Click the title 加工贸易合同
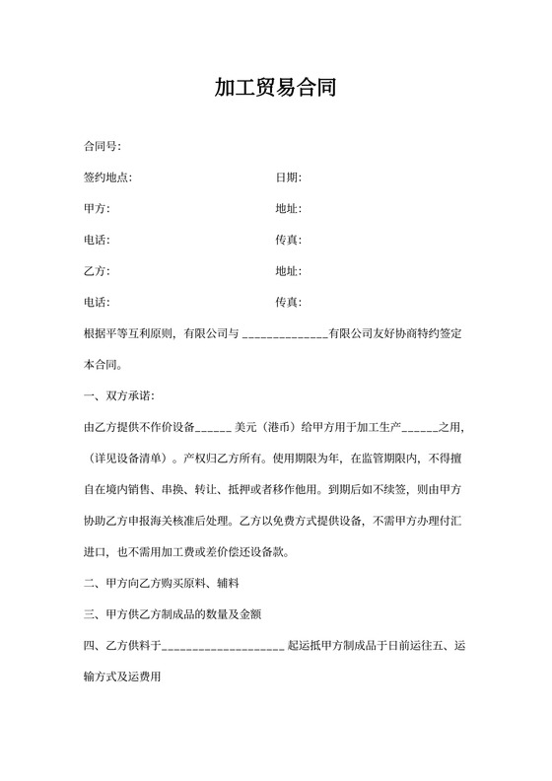pos(276,88)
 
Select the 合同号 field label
pos(103,147)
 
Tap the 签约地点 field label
pos(108,177)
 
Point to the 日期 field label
pos(288,177)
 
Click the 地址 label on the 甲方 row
pos(288,209)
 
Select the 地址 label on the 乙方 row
pos(288,271)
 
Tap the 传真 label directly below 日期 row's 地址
pos(288,240)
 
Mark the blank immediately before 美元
pos(214,428)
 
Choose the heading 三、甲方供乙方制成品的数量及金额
pos(172,614)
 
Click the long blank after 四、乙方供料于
pos(223,647)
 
